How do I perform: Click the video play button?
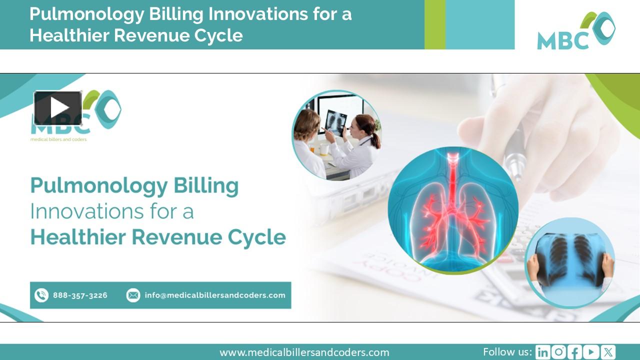pyautogui.click(x=58, y=108)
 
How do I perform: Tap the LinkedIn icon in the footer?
pyautogui.click(x=542, y=352)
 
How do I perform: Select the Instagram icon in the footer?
pyautogui.click(x=558, y=352)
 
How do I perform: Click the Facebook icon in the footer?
pyautogui.click(x=575, y=352)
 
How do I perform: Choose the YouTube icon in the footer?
pyautogui.click(x=591, y=352)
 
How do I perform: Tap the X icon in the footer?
pyautogui.click(x=608, y=352)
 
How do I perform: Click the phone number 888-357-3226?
pyautogui.click(x=80, y=295)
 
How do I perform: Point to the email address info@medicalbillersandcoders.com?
pyautogui.click(x=215, y=295)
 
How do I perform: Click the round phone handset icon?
pyautogui.click(x=41, y=295)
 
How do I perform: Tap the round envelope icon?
pyautogui.click(x=133, y=295)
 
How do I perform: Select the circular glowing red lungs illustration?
pyautogui.click(x=453, y=210)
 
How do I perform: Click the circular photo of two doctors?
pyautogui.click(x=336, y=135)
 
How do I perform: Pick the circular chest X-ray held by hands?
pyautogui.click(x=569, y=262)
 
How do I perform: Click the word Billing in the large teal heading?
pyautogui.click(x=206, y=186)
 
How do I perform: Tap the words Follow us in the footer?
pyautogui.click(x=507, y=352)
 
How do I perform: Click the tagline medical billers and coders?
pyautogui.click(x=58, y=139)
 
